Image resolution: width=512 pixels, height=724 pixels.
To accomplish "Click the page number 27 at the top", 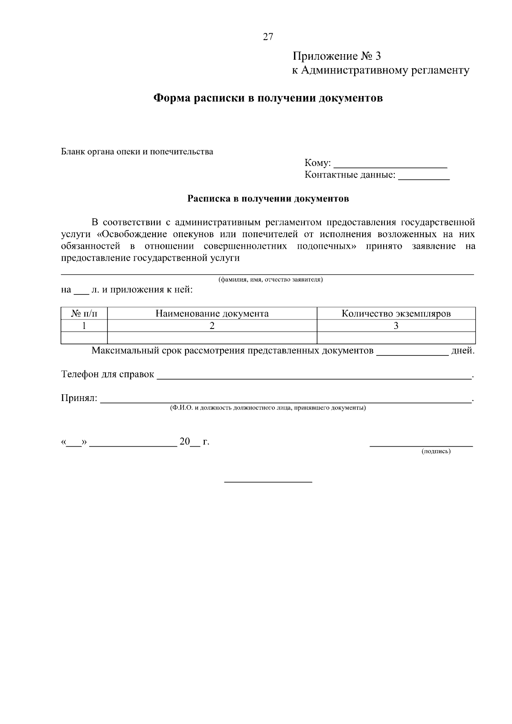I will click(x=268, y=37).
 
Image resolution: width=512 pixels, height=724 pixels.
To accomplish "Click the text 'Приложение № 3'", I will click(x=336, y=56).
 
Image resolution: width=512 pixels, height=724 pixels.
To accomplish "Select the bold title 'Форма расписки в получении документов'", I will click(x=268, y=99).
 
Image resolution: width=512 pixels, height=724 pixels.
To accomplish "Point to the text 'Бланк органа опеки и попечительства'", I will click(x=137, y=151).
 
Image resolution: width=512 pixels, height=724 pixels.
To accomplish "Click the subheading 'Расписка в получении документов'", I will click(x=268, y=198).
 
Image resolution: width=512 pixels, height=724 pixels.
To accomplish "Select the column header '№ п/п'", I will click(x=84, y=314).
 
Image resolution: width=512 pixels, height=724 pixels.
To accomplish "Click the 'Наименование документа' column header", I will click(x=212, y=314).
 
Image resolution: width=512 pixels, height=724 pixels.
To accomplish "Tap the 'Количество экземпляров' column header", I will click(x=396, y=314).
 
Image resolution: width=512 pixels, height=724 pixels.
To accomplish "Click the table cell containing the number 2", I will click(x=212, y=326).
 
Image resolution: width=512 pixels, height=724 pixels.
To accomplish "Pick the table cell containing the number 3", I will click(x=396, y=326).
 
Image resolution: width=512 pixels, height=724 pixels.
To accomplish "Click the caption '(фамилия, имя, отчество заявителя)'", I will click(x=271, y=280).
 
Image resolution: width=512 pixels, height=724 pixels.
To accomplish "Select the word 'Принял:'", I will click(x=79, y=398).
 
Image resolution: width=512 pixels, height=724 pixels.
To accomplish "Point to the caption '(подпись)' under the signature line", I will click(x=436, y=451).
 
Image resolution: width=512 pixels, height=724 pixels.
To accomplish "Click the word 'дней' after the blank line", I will click(x=462, y=351).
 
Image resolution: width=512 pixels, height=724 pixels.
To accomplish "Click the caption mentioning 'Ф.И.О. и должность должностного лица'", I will click(x=268, y=408).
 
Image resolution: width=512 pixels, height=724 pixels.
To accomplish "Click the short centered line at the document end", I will click(x=268, y=482).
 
